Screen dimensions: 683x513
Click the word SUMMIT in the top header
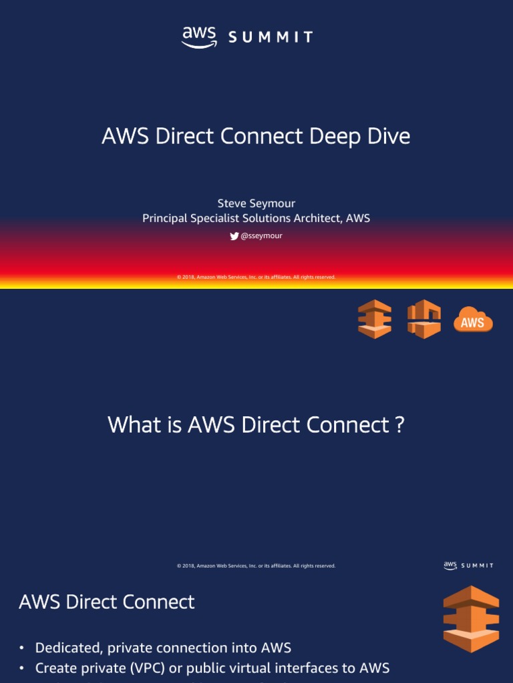(271, 38)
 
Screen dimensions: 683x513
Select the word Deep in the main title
(333, 136)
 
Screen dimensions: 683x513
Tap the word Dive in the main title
(387, 136)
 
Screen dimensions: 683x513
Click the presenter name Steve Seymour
(256, 203)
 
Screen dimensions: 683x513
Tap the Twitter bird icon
(234, 235)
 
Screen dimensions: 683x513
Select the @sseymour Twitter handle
(261, 235)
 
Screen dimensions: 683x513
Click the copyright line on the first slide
(256, 277)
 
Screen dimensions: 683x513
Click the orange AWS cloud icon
(473, 320)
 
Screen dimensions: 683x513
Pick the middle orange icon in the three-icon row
(424, 319)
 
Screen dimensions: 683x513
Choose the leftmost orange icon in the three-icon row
(375, 319)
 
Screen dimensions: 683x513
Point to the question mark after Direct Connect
(399, 425)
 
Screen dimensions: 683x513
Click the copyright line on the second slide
(256, 566)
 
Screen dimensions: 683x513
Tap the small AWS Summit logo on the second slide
(468, 566)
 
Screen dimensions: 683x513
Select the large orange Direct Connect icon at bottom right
(471, 619)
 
